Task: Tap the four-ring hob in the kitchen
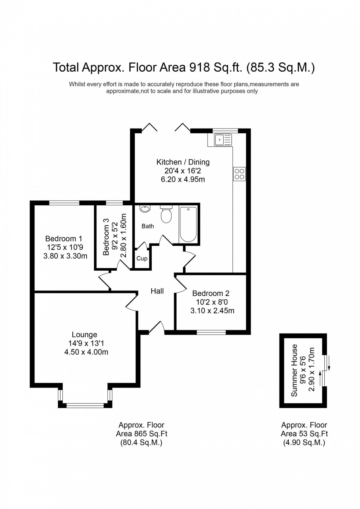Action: pyautogui.click(x=239, y=174)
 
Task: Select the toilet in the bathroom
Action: pyautogui.click(x=166, y=215)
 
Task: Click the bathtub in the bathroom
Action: pyautogui.click(x=188, y=224)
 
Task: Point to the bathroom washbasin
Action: pyautogui.click(x=145, y=209)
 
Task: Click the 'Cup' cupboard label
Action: pyautogui.click(x=142, y=259)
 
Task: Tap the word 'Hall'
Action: pyautogui.click(x=157, y=291)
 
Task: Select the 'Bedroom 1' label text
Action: pyautogui.click(x=64, y=239)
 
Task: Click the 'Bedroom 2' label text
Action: pyautogui.click(x=211, y=293)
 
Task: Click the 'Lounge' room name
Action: pyautogui.click(x=84, y=335)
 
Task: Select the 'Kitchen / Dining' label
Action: pyautogui.click(x=183, y=162)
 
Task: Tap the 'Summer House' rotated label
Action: pyautogui.click(x=294, y=370)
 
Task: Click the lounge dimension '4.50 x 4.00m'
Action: pyautogui.click(x=86, y=352)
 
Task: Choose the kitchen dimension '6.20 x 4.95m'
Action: pyautogui.click(x=183, y=180)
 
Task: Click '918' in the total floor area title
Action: pyautogui.click(x=199, y=68)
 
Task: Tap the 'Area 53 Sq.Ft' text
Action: pyautogui.click(x=304, y=434)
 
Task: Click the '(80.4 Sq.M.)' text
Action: pyautogui.click(x=141, y=443)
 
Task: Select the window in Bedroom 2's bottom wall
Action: pyautogui.click(x=211, y=332)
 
